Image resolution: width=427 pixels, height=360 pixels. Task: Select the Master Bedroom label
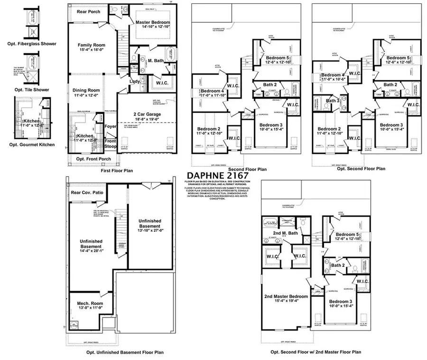click(x=153, y=22)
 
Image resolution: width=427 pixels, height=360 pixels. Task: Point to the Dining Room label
click(x=86, y=90)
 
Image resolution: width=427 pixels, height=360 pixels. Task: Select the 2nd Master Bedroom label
click(x=286, y=296)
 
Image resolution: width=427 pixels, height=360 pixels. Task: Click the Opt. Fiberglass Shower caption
click(x=35, y=44)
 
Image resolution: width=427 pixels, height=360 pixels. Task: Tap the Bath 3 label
click(x=332, y=101)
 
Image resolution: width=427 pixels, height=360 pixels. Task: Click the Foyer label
click(x=111, y=127)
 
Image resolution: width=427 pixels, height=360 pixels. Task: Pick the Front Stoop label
click(x=110, y=144)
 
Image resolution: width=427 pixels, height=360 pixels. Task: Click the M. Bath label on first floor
click(x=156, y=61)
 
